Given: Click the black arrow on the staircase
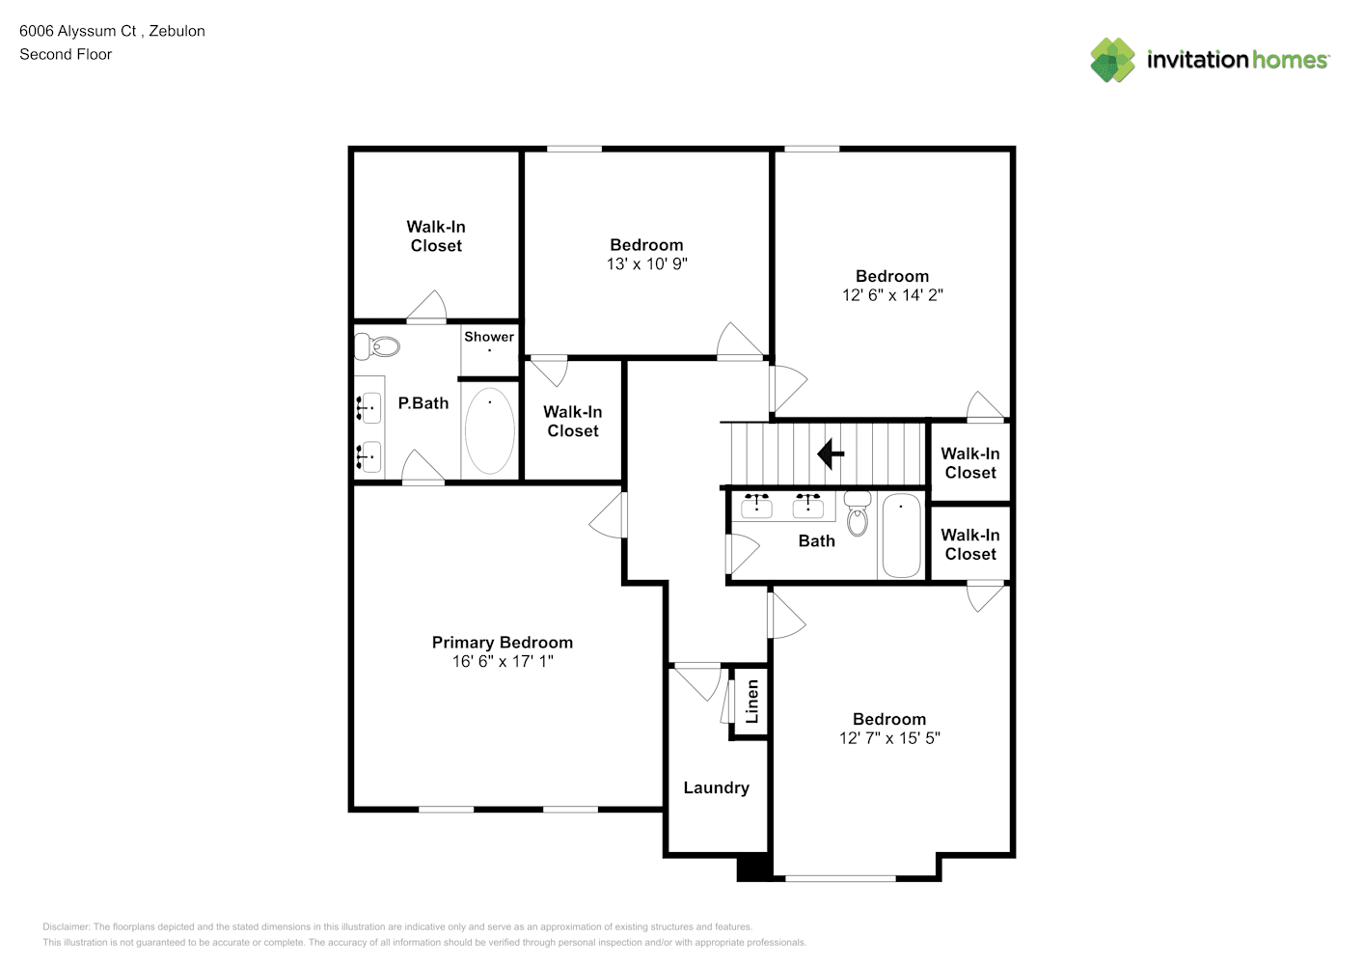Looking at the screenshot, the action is (830, 454).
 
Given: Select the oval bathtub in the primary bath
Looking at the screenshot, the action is (490, 430).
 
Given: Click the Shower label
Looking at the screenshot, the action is (489, 336).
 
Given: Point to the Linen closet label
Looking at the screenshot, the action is (752, 702).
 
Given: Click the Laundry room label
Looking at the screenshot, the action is (716, 787).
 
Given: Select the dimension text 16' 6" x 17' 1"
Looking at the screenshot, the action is (503, 661).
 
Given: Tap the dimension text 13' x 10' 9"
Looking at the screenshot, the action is (646, 263).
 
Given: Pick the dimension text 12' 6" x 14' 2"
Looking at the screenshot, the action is (892, 295).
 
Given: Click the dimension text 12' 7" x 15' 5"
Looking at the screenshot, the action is (889, 738).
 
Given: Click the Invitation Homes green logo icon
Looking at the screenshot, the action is (1112, 60).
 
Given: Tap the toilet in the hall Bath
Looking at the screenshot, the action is (858, 513).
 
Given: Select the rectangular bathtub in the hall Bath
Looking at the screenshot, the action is (901, 536).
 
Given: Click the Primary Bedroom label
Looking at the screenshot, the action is (503, 642).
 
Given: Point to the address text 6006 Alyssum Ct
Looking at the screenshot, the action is (78, 31).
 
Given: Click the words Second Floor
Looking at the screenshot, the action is (66, 54).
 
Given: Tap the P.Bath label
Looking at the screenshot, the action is (423, 402).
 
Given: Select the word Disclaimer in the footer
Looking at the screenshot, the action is (66, 926).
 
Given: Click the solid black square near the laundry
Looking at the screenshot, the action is (754, 868).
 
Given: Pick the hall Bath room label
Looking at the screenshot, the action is (817, 541).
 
